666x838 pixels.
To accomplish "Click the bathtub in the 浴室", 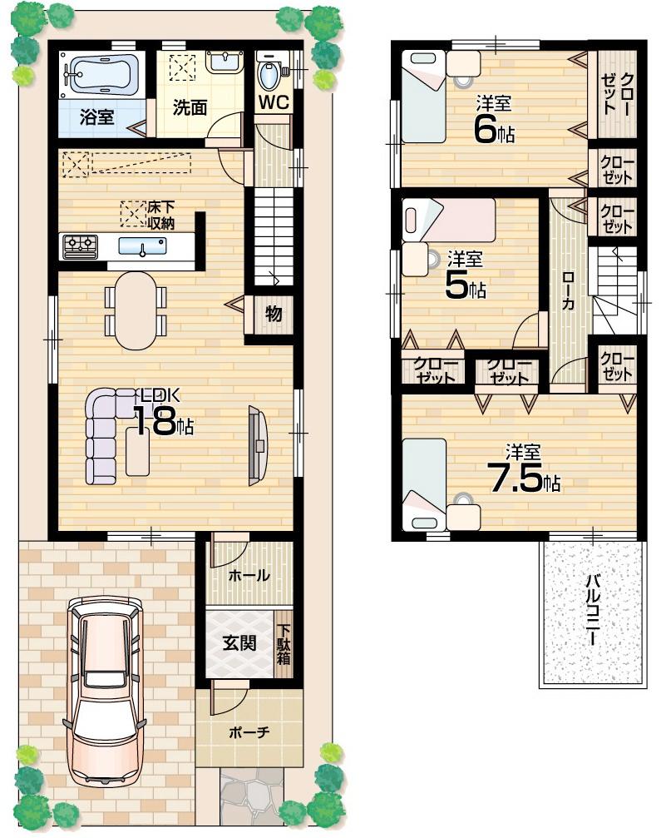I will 101,75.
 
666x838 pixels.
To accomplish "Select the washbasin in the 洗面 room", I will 220,62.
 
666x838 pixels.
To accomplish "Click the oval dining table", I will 135,310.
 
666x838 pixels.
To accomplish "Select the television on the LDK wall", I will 258,444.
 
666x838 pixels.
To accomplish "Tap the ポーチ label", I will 248,733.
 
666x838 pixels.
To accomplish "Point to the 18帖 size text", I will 165,421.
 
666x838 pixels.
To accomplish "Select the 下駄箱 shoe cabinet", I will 284,644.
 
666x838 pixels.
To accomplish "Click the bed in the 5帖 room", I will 447,221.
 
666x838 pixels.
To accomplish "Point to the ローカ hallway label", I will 568,291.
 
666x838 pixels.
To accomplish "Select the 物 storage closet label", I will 274,315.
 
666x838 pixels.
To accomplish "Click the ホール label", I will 249,575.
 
